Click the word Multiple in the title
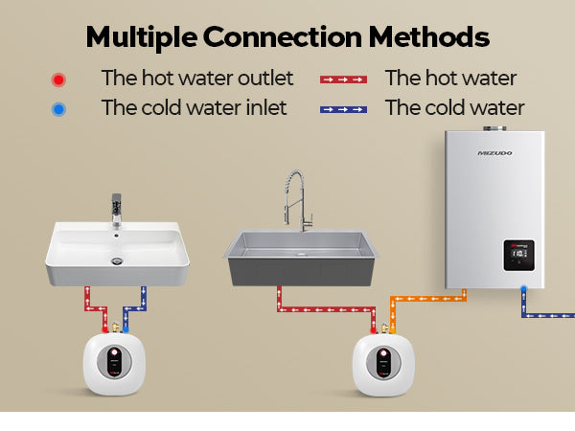142,38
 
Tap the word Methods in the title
429,36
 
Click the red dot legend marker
58,79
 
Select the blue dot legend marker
58,109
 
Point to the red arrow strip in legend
343,79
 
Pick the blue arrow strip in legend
343,109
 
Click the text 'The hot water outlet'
197,79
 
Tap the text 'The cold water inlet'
194,107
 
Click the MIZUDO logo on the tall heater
494,153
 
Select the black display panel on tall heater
518,256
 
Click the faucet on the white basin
117,210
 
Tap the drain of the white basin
117,261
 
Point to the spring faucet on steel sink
297,200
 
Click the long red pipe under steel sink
327,309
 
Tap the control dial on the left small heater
114,362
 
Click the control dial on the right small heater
383,363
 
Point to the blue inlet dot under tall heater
524,289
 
